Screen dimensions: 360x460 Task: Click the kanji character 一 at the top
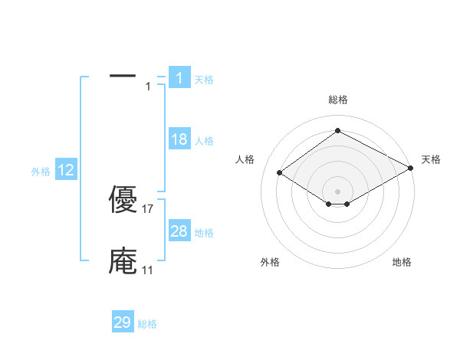click(x=123, y=76)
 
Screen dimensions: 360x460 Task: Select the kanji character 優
click(x=123, y=199)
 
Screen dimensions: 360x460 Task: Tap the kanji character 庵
click(x=123, y=261)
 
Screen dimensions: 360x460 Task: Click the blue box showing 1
click(x=179, y=77)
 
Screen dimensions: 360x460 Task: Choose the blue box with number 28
click(x=179, y=231)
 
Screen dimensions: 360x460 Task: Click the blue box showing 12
click(x=66, y=169)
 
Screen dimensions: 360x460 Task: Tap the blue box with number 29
click(x=123, y=322)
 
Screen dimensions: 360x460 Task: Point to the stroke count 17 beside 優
click(x=149, y=208)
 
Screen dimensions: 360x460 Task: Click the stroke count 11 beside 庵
click(x=147, y=270)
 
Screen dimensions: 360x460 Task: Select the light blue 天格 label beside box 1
click(x=204, y=80)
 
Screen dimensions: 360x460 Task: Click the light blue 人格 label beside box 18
click(x=204, y=141)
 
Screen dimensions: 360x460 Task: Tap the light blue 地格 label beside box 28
click(x=204, y=233)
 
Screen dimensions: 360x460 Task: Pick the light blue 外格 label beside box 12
click(x=41, y=172)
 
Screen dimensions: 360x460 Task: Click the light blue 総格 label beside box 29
click(x=147, y=325)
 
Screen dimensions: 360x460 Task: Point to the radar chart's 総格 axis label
click(x=337, y=100)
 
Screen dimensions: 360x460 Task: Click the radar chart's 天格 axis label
click(x=431, y=159)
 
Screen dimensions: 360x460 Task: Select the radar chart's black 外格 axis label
click(x=270, y=262)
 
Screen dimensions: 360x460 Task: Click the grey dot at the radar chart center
click(x=337, y=191)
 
